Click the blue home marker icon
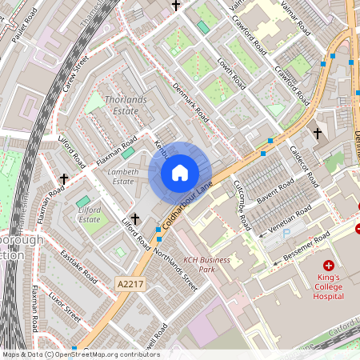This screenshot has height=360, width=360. [x=180, y=173]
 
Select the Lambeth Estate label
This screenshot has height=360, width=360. [x=122, y=176]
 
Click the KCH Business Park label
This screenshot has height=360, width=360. [x=206, y=265]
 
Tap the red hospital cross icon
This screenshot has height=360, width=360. [x=328, y=265]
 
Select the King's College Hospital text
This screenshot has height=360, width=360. [x=328, y=287]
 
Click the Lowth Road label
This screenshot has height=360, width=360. [x=230, y=74]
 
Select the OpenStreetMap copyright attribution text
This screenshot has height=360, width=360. [x=80, y=354]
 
